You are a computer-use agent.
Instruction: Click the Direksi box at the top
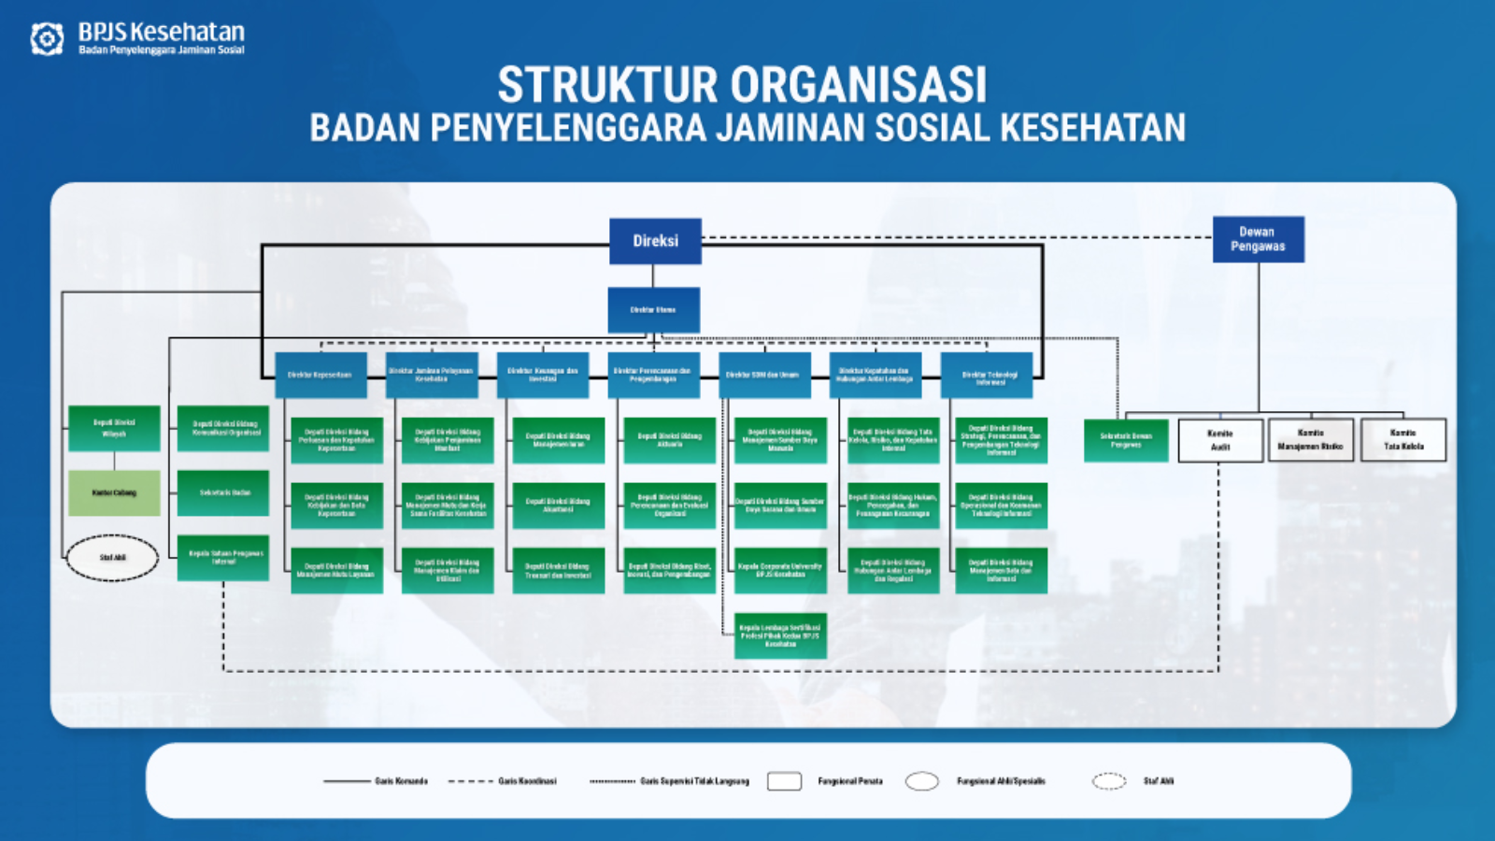(655, 241)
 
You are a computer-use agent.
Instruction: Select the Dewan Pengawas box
(1258, 239)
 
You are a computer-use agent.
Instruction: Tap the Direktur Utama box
(653, 310)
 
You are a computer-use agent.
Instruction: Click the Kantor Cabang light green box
(114, 492)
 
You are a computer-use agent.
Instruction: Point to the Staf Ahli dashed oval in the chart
(112, 558)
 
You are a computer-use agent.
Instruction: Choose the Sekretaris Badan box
(223, 493)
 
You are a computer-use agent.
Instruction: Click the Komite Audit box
(1220, 440)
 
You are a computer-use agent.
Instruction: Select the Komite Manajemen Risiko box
(1310, 440)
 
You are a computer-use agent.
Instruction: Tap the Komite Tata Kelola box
(1403, 440)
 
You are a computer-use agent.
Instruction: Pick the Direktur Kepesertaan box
(320, 376)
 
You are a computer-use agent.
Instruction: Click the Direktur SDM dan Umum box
(764, 376)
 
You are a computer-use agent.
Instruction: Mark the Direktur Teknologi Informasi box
(987, 376)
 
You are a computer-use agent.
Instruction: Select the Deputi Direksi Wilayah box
(114, 429)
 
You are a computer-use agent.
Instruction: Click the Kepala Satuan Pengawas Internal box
(223, 558)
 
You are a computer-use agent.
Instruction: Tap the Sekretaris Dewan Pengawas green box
(1126, 440)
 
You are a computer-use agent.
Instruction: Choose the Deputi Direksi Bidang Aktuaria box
(670, 440)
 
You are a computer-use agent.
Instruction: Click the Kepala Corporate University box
(780, 570)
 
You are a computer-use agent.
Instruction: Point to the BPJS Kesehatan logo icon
(47, 38)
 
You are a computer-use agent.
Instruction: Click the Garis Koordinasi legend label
(527, 781)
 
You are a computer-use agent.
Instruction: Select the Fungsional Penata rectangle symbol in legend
(784, 781)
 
